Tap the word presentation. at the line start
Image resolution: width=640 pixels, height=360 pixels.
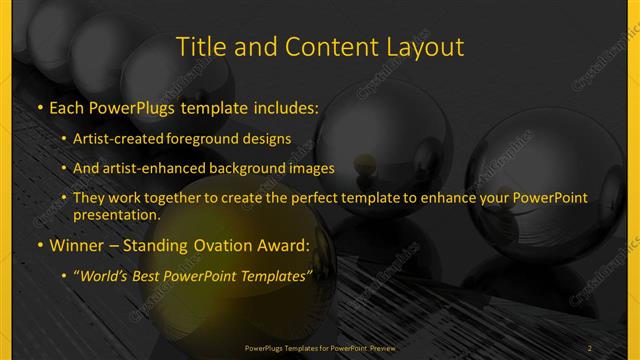115,214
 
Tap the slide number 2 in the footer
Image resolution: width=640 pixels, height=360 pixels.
589,348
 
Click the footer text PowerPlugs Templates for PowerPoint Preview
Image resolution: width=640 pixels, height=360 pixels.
320,348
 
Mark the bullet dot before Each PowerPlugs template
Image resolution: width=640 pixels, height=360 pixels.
39,107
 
